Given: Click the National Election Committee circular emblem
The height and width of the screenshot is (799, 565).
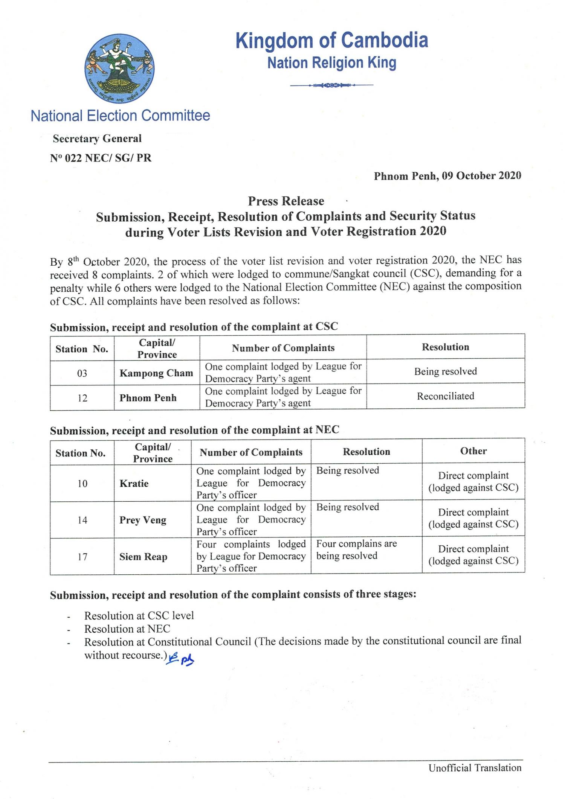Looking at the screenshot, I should (x=119, y=69).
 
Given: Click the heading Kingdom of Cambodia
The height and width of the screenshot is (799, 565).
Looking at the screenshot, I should (x=331, y=40).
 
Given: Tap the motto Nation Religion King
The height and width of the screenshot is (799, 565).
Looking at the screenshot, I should (x=331, y=63).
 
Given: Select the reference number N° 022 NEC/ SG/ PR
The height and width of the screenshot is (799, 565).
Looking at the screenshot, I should (x=101, y=158).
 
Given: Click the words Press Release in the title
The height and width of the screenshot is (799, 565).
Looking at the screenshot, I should (x=286, y=201).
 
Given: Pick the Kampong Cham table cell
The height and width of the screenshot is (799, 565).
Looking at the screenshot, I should (x=156, y=373).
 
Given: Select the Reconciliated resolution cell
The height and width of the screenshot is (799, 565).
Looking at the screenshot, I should (x=445, y=396).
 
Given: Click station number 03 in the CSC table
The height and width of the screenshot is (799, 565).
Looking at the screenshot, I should (x=82, y=373).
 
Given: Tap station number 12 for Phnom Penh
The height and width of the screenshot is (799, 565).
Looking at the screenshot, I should (x=82, y=398).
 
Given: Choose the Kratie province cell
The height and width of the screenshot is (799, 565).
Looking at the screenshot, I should (x=134, y=483).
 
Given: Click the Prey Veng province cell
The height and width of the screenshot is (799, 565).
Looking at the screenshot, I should (x=143, y=520).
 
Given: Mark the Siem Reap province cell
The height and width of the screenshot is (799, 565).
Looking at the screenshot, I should (x=143, y=557).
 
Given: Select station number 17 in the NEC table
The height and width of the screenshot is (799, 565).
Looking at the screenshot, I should (x=82, y=557).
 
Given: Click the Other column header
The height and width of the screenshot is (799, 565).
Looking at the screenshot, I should (x=473, y=451).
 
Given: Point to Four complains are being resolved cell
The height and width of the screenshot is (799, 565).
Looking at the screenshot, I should (x=356, y=550).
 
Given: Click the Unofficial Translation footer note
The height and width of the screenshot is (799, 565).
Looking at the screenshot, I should (x=475, y=768).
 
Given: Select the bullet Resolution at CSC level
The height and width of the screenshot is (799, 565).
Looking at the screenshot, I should (x=139, y=615).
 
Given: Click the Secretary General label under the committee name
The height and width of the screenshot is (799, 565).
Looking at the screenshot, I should (x=97, y=138).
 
